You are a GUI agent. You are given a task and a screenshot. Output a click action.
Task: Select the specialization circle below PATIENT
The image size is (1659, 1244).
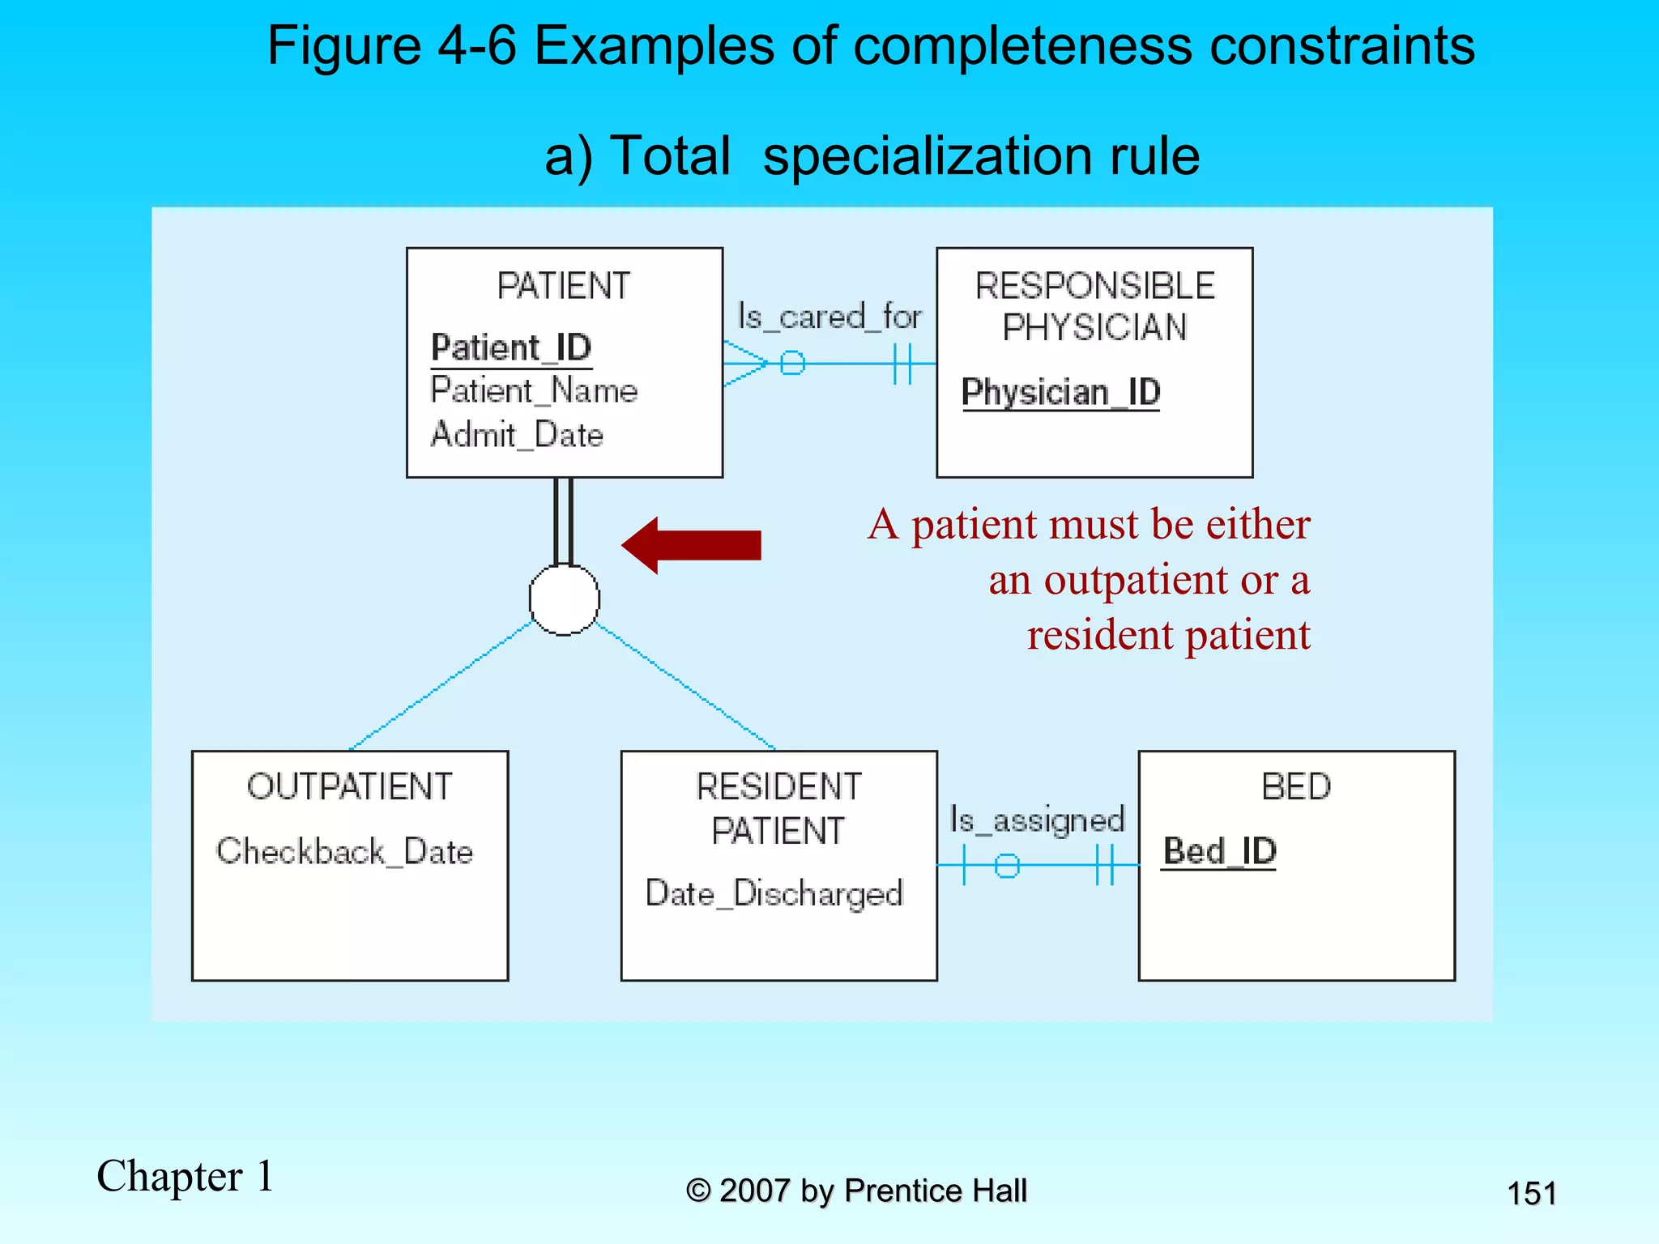pyautogui.click(x=564, y=599)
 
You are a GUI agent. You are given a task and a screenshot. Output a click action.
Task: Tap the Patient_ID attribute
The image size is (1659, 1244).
pyautogui.click(x=511, y=347)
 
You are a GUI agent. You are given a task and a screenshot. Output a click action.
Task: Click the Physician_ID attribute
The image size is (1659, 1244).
pyautogui.click(x=1060, y=392)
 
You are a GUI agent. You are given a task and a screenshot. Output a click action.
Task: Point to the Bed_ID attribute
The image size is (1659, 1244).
pyautogui.click(x=1219, y=851)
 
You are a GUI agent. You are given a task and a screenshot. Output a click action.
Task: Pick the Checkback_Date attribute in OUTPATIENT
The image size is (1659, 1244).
pyautogui.click(x=344, y=851)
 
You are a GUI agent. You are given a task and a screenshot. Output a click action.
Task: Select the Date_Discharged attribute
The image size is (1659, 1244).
pyautogui.click(x=774, y=893)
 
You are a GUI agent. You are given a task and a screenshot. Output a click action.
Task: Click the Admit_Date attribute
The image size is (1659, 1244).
pyautogui.click(x=517, y=435)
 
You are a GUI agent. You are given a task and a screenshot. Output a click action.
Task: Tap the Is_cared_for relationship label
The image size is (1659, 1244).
pyautogui.click(x=829, y=316)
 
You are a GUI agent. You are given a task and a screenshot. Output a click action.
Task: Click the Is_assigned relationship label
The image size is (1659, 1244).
pyautogui.click(x=1037, y=820)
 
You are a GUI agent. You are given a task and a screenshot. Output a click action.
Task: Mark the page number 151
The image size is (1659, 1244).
pyautogui.click(x=1531, y=1194)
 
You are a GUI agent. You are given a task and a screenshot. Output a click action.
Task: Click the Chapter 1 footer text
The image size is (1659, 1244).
pyautogui.click(x=186, y=1176)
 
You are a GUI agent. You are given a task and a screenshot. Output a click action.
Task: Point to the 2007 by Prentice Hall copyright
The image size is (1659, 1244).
pyautogui.click(x=856, y=1191)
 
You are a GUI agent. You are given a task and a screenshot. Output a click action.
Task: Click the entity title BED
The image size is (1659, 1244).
pyautogui.click(x=1296, y=786)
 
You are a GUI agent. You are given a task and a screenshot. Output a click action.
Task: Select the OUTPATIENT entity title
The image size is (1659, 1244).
pyautogui.click(x=349, y=786)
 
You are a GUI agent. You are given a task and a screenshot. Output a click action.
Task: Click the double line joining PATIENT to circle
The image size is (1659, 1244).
pyautogui.click(x=564, y=521)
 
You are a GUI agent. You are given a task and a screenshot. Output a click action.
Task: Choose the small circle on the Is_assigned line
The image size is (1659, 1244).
pyautogui.click(x=1006, y=866)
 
